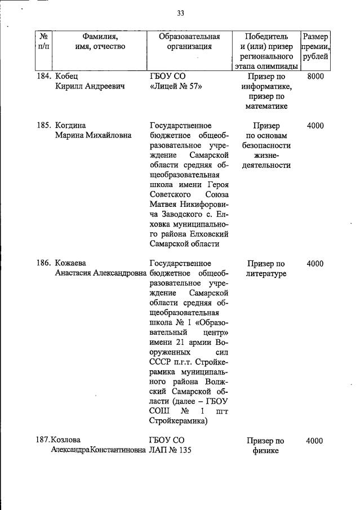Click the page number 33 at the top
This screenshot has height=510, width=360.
point(181,13)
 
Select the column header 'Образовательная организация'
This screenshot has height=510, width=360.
point(189,41)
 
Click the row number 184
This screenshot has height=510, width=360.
point(44,77)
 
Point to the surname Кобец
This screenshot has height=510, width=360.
point(66,77)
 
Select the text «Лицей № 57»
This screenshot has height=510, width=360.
point(176,87)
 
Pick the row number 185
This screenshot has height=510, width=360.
point(44,126)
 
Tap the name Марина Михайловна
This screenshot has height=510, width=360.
point(93,135)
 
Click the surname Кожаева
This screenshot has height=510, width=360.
point(70,263)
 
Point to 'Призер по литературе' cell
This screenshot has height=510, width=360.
point(266,268)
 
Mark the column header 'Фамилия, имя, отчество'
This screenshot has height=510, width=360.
point(100,41)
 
